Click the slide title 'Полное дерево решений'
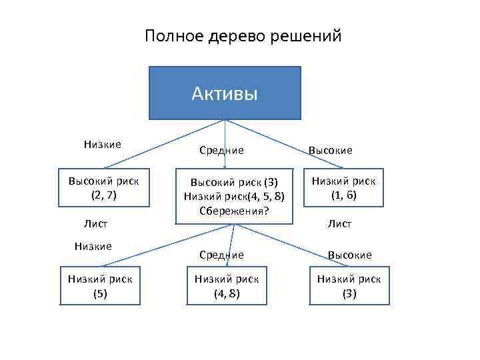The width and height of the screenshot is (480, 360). pos(243,36)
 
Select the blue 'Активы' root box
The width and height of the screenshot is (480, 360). pos(225,93)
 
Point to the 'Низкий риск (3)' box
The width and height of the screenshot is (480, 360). pos(349,286)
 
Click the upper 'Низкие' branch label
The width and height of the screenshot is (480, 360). pos(102,144)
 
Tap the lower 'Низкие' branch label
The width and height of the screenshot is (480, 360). pos(93,246)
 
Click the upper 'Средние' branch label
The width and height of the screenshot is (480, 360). pos(221,151)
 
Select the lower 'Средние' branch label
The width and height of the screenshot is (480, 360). pos(221,255)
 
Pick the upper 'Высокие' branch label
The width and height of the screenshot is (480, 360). pos(330,151)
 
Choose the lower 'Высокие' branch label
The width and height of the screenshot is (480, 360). pos(349,255)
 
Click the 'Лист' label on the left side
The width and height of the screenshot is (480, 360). pos(95,224)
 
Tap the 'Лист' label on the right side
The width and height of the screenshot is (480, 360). pos(339,224)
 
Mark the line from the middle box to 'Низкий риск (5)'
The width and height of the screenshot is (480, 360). pos(167,246)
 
